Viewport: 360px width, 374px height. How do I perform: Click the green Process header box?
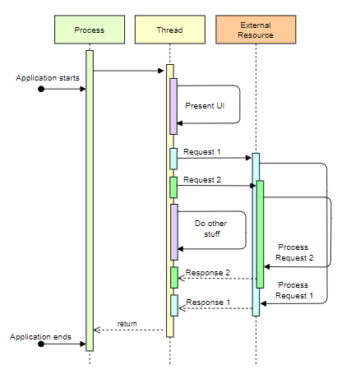(89, 30)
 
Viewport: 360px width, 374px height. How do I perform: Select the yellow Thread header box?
(169, 30)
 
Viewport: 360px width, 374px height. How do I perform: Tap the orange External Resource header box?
(256, 30)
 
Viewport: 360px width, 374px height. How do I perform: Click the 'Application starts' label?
(48, 76)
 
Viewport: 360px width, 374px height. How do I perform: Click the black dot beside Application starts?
(40, 89)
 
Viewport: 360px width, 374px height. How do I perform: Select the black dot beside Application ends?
(40, 345)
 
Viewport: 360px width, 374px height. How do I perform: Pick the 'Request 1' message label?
(202, 152)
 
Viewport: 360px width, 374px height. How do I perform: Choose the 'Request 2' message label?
(202, 180)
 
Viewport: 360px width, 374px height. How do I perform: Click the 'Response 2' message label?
(207, 272)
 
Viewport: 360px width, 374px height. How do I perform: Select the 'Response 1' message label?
(207, 302)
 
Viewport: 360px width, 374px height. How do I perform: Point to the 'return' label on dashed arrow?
(127, 323)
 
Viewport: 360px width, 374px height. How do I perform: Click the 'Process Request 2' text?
(294, 252)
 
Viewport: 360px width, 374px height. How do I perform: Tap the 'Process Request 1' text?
(294, 290)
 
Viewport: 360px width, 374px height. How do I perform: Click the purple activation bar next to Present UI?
(173, 105)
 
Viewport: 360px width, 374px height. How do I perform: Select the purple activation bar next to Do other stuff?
(173, 231)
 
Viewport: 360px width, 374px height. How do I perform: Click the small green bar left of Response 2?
(173, 277)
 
